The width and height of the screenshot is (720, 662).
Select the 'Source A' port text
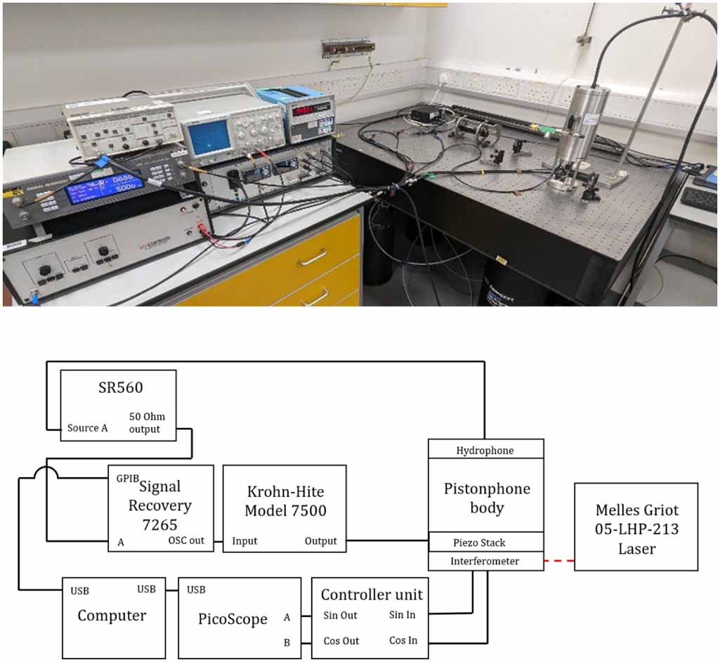click(x=88, y=428)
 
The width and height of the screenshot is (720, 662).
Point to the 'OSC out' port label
click(x=186, y=541)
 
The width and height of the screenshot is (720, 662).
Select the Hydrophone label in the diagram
click(x=485, y=450)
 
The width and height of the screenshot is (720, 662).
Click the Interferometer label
click(x=485, y=561)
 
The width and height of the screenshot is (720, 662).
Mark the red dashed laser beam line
click(x=559, y=561)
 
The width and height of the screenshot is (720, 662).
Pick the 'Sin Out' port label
click(x=341, y=616)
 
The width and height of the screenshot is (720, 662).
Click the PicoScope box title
click(x=233, y=619)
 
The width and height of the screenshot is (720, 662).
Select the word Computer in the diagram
click(x=112, y=616)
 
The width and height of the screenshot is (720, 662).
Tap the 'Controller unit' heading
click(x=372, y=595)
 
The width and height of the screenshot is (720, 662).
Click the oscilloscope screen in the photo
click(x=211, y=135)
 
